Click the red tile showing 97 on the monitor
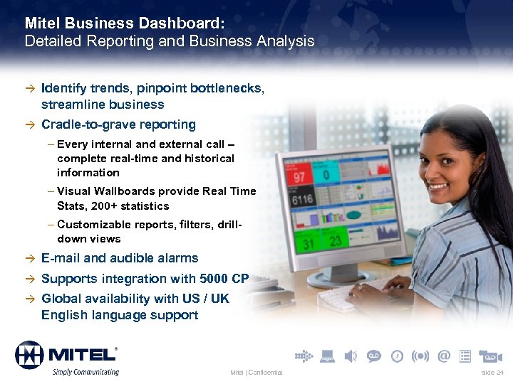[299, 175]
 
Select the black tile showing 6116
[302, 200]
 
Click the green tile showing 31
[307, 243]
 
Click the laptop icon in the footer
[327, 356]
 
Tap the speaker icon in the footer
[350, 356]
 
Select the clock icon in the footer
[397, 356]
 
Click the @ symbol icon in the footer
[444, 355]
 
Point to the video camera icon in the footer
[491, 356]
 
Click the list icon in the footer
[465, 356]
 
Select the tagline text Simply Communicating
[84, 372]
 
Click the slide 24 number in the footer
[492, 373]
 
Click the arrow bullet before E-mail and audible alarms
[29, 259]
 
